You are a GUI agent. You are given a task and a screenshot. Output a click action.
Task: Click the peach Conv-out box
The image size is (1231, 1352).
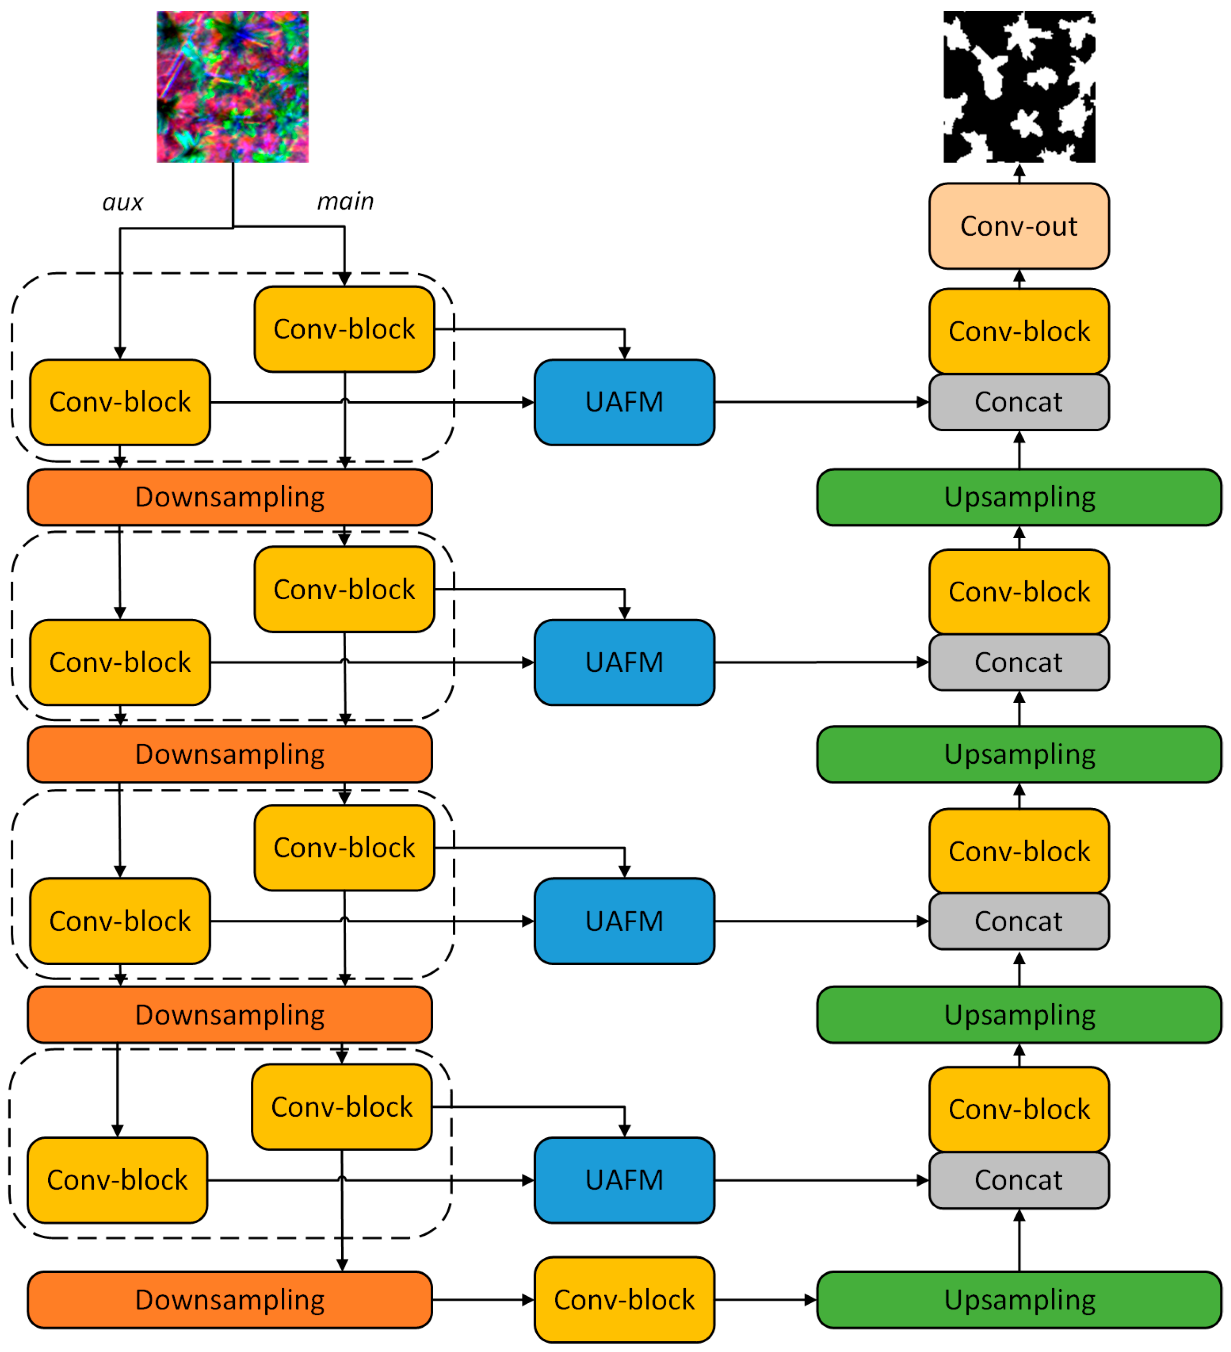(x=1019, y=226)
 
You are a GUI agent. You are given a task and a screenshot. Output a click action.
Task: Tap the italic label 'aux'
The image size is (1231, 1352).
(x=123, y=203)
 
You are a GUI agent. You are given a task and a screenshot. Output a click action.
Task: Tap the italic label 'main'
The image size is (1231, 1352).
(x=345, y=201)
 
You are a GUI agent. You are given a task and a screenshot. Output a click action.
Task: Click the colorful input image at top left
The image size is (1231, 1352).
(x=233, y=87)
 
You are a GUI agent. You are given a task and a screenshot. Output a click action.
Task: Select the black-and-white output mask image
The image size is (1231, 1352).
(x=1019, y=87)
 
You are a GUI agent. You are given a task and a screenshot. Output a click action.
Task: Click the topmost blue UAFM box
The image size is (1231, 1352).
(x=624, y=402)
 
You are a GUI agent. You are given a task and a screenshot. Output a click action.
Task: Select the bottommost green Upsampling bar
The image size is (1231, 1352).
(x=1019, y=1299)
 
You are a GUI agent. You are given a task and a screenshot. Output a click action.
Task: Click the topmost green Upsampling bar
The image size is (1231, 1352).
(x=1019, y=497)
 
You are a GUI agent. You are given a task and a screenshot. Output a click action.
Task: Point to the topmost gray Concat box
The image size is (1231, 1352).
(x=1019, y=402)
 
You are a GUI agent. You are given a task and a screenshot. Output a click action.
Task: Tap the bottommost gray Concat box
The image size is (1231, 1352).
(x=1019, y=1180)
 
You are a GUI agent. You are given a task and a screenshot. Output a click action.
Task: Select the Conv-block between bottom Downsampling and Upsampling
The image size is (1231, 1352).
(x=624, y=1299)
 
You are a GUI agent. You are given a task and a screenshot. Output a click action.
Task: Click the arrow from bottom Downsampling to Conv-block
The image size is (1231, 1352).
(x=483, y=1299)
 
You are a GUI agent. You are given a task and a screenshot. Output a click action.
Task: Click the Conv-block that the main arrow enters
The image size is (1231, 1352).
(x=344, y=329)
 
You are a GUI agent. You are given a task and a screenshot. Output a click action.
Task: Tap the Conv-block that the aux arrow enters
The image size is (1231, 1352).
(x=120, y=402)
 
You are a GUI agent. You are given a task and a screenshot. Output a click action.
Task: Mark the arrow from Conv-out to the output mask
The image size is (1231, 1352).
(x=1019, y=173)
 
